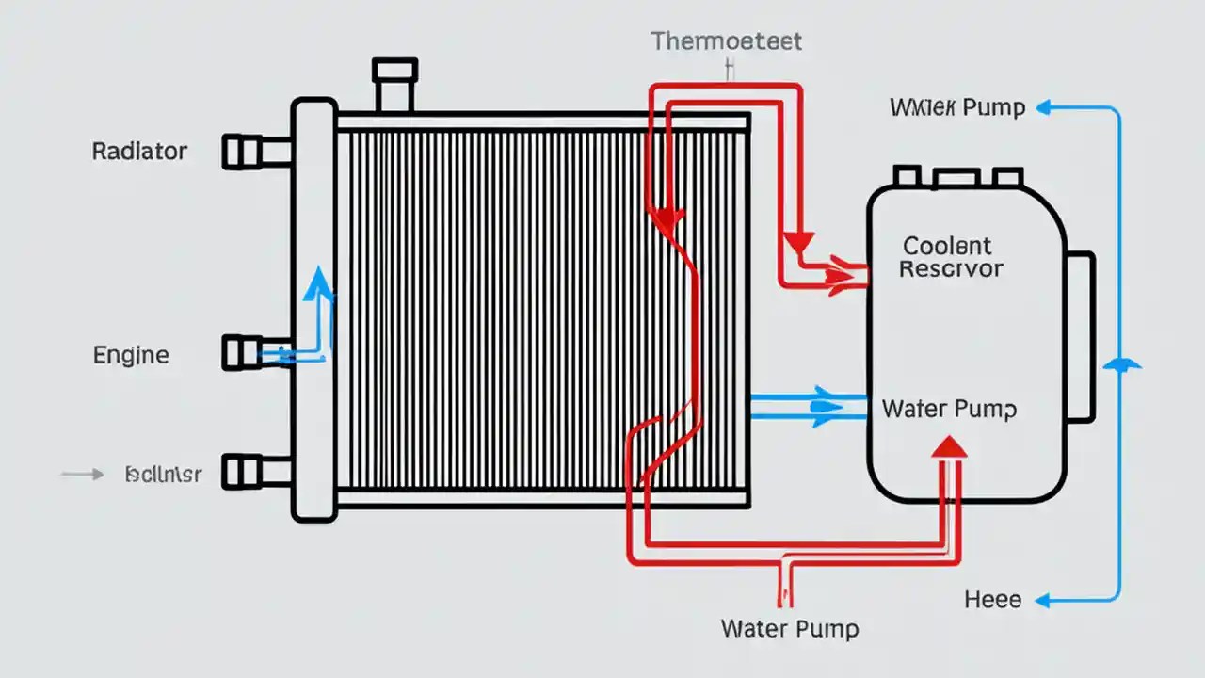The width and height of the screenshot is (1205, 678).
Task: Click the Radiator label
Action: point(139,151)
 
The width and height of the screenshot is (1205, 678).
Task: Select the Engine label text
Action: point(131,355)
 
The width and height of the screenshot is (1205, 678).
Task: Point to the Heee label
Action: point(992,600)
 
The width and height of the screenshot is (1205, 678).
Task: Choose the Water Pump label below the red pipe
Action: point(789,628)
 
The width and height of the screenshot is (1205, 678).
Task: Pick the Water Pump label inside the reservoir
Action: point(949,410)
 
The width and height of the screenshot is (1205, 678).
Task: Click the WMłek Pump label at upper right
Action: point(956,107)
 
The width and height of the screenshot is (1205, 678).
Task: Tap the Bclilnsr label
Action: point(163,475)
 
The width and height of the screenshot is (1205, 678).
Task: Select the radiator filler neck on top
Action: point(394,86)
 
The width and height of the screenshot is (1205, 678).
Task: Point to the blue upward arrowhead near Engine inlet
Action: point(319,280)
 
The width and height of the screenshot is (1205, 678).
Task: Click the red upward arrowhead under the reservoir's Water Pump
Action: point(950,446)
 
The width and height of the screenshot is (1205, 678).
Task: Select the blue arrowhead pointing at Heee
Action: point(1042,600)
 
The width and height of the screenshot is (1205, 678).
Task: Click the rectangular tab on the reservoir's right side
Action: point(1080,336)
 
